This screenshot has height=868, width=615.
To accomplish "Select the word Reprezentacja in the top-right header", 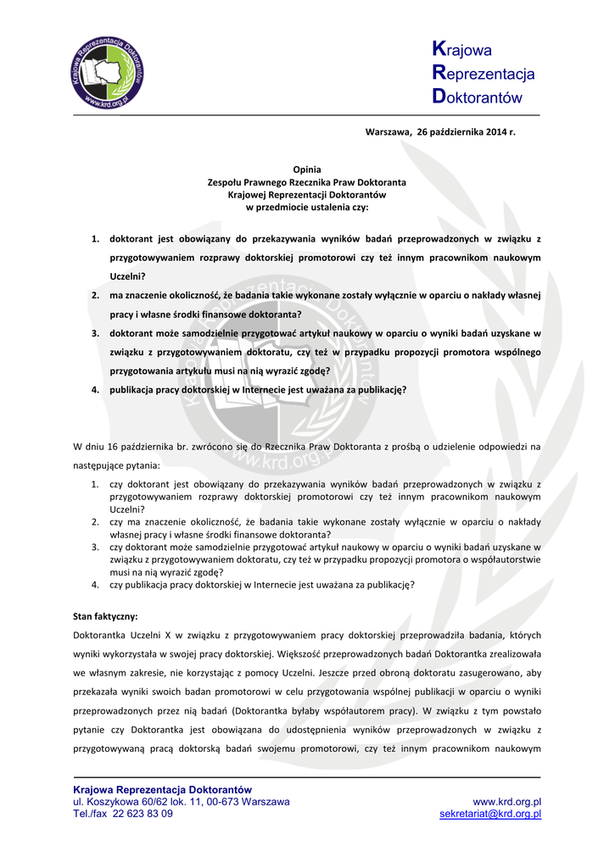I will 484,74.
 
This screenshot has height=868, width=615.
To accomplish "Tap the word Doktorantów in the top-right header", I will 477,97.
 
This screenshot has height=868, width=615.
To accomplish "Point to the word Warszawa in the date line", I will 388,132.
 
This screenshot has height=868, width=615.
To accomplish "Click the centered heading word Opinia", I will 306,170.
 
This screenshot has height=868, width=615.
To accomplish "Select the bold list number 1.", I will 95,239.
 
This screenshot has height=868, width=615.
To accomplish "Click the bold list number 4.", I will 95,390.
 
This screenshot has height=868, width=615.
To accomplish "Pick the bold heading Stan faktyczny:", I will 105,616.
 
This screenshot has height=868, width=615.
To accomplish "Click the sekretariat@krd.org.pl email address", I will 490,814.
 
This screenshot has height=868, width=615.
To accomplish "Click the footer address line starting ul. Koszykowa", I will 182,801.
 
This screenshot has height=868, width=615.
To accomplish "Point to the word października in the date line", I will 455,132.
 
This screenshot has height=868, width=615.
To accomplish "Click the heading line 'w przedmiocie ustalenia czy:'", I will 307,207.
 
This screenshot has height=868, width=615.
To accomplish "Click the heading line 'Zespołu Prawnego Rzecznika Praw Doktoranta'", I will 307,182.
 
